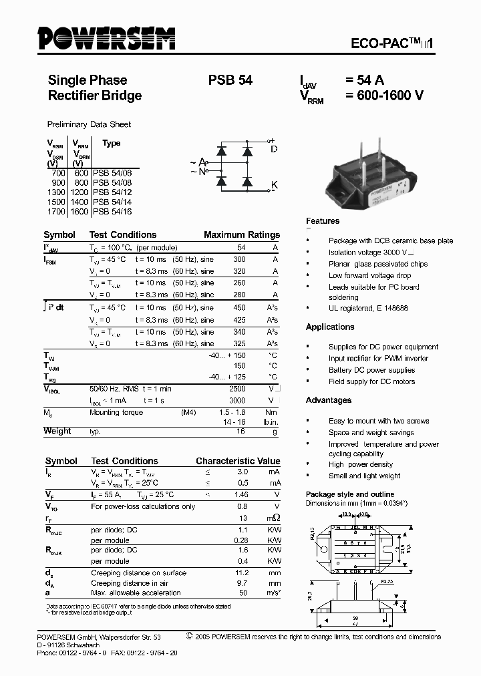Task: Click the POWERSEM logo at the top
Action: tap(106, 39)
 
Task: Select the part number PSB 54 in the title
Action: tap(230, 80)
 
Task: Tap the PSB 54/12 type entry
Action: tap(112, 192)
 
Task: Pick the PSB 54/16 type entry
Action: tap(112, 211)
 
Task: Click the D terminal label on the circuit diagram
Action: tap(274, 149)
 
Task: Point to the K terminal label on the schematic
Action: tap(274, 184)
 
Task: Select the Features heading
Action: tap(323, 221)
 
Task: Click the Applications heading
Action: tap(330, 327)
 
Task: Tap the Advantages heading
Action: tap(328, 400)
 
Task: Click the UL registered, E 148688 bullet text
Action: tap(368, 309)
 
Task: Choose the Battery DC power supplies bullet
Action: tap(371, 370)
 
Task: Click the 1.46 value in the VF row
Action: tap(241, 495)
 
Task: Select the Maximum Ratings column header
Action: tap(241, 235)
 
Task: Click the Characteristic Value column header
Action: tap(238, 462)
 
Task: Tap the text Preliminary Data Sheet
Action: tap(89, 124)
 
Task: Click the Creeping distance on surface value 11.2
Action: tap(241, 573)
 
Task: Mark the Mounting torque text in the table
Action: tap(116, 413)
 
